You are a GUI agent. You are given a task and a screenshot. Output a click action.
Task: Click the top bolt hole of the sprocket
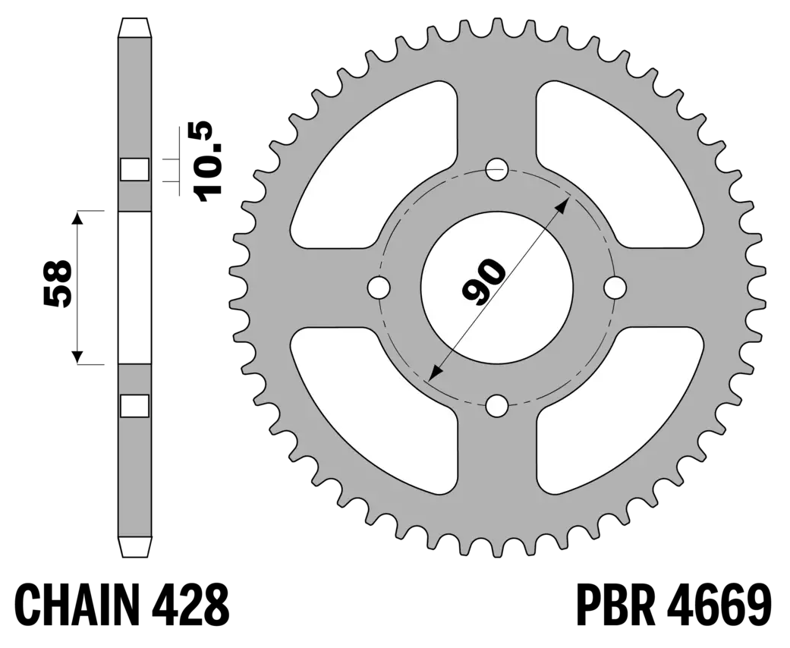click(497, 169)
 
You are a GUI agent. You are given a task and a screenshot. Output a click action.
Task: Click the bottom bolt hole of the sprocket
click(497, 406)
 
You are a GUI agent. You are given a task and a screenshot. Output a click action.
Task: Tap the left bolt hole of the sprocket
click(379, 288)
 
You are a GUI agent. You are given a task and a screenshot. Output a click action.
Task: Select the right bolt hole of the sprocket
click(615, 288)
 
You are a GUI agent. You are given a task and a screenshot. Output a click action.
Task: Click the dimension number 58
click(57, 283)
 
